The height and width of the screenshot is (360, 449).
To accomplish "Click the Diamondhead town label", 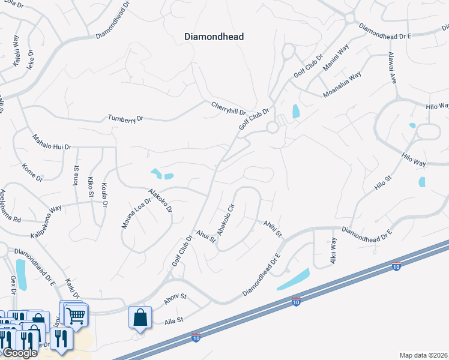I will click(x=214, y=37).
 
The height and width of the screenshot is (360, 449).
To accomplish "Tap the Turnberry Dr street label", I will click(x=125, y=118).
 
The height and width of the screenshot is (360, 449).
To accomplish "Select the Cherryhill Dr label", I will click(x=229, y=108).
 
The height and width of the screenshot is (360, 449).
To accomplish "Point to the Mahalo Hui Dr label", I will click(x=52, y=142).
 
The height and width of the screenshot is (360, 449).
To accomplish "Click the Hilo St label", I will click(x=382, y=183).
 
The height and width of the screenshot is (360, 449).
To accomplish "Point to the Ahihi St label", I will click(x=271, y=228).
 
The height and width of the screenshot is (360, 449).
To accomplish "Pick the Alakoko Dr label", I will click(x=160, y=200).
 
